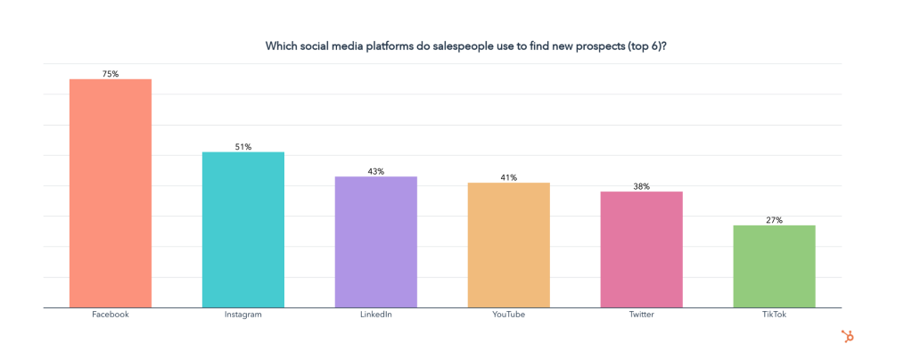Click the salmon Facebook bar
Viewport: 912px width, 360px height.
coord(111,193)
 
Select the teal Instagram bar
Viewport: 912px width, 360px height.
coord(243,230)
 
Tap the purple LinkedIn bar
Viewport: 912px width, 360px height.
coord(375,241)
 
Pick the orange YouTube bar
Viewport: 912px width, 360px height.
coord(508,245)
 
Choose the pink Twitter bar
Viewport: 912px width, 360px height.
coord(641,250)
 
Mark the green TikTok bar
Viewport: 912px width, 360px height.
coord(774,266)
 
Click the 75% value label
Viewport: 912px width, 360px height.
coord(111,73)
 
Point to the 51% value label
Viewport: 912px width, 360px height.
coord(243,146)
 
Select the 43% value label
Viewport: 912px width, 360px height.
coord(375,170)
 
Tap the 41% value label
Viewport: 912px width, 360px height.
coord(508,176)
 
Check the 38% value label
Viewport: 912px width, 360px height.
coord(641,186)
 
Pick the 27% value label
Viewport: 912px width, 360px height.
coord(774,219)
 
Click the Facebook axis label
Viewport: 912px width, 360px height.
coord(111,315)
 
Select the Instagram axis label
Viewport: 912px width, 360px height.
coord(243,315)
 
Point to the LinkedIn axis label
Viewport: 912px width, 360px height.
coord(375,315)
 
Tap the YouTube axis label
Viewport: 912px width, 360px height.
coord(508,315)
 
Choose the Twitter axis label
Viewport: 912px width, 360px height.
coord(641,315)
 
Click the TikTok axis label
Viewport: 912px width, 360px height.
coord(774,315)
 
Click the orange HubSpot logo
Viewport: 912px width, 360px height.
coord(847,336)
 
